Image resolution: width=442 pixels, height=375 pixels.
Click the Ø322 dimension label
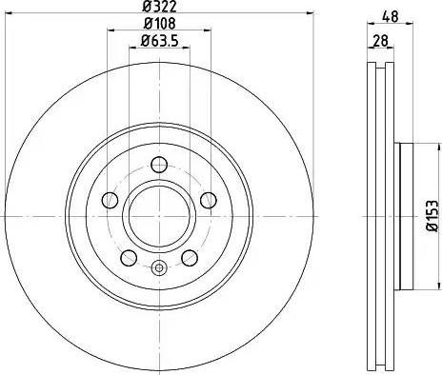click(159, 6)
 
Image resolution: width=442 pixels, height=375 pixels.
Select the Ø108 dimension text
click(159, 24)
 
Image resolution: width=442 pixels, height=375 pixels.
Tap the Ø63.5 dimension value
click(159, 40)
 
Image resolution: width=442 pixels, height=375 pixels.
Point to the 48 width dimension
click(391, 16)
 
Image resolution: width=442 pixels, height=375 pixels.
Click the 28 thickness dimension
click(381, 41)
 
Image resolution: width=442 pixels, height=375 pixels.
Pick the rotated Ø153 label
click(432, 215)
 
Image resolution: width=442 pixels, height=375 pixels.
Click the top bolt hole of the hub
click(159, 165)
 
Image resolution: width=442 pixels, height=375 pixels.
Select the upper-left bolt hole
click(110, 200)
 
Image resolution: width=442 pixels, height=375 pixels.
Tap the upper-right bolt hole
click(209, 200)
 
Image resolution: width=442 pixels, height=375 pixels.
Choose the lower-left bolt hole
click(129, 258)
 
